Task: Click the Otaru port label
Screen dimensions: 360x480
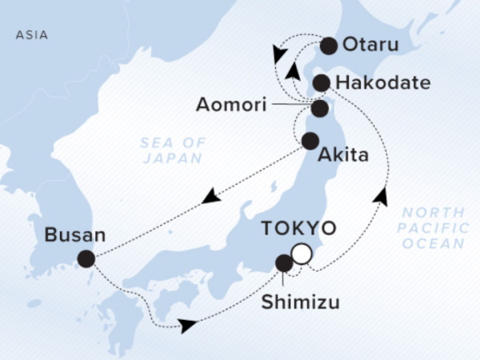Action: click(x=370, y=46)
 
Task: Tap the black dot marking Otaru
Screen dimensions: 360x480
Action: click(x=328, y=46)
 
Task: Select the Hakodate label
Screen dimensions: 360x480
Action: click(x=374, y=82)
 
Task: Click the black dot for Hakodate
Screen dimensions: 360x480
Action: click(x=321, y=82)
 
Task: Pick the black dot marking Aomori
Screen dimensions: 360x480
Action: click(x=319, y=108)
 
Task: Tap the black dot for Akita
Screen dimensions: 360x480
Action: click(x=310, y=142)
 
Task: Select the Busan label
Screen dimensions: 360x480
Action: click(x=74, y=236)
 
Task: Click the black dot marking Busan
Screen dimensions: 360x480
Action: click(x=86, y=258)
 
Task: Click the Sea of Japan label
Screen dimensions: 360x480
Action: click(x=174, y=150)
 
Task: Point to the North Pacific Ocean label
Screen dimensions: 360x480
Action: click(x=432, y=228)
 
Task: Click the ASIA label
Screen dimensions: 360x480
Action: click(x=31, y=35)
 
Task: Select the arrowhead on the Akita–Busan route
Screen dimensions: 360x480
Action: click(x=211, y=195)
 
